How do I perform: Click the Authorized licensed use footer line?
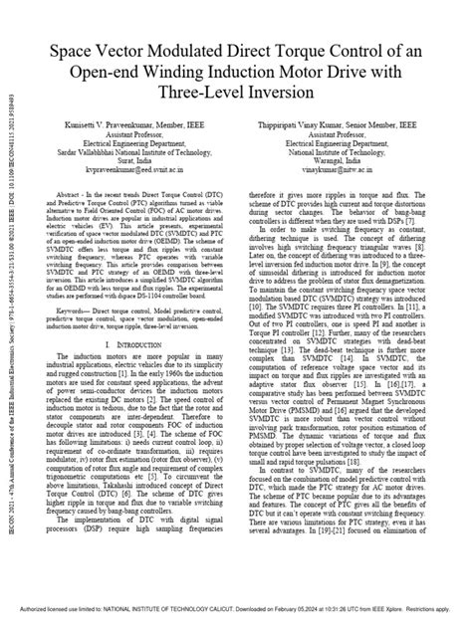236,620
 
